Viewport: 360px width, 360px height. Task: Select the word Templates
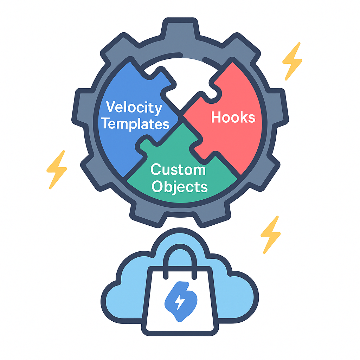click(x=137, y=124)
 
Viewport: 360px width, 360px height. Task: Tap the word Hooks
click(x=233, y=117)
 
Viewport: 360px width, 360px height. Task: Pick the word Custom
click(x=178, y=170)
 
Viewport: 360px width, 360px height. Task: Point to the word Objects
click(x=179, y=186)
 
